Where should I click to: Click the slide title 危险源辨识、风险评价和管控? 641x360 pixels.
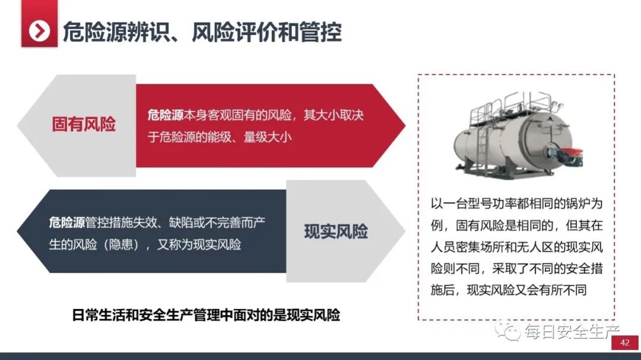point(202,31)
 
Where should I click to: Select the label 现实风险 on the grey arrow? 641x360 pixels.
point(336,231)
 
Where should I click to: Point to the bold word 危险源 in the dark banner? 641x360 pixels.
point(67,223)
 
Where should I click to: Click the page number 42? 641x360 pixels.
point(624,343)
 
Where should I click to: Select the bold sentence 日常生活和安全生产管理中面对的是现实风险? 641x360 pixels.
point(205,315)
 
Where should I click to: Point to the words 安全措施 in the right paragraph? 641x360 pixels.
point(582,269)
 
